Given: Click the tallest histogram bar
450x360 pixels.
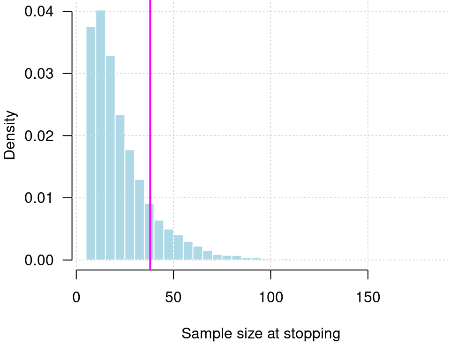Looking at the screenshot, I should (x=100, y=136).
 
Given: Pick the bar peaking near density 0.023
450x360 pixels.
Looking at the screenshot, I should (x=120, y=187).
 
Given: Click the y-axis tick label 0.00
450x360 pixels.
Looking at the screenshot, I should (x=39, y=260).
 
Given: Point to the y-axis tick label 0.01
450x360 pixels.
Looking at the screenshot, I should (x=39, y=198).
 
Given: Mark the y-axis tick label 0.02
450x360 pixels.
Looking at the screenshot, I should (x=39, y=136).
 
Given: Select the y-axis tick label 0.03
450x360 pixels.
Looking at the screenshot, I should (x=39, y=74).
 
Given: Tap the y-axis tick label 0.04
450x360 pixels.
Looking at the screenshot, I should (x=39, y=12).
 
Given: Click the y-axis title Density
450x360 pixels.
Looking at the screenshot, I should (x=10, y=135).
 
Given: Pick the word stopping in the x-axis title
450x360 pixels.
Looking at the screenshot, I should (x=315, y=334).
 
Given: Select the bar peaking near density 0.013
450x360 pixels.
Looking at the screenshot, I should (x=139, y=220).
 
